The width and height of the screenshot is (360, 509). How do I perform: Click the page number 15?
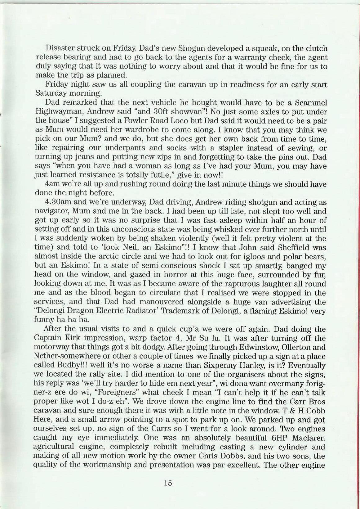(168, 483)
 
